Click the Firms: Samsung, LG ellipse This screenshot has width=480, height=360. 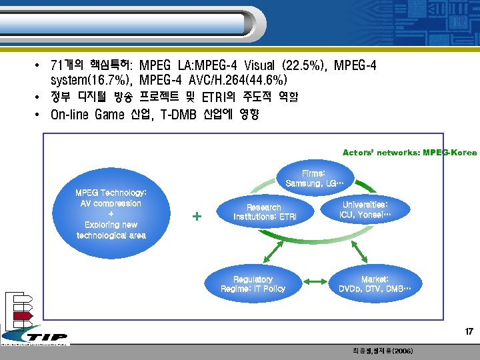314,178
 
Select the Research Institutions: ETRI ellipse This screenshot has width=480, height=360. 264,212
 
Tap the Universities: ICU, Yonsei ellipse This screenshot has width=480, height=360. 365,210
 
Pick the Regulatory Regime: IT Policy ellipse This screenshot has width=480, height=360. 253,284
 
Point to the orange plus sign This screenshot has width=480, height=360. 197,217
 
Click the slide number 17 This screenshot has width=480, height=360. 469,331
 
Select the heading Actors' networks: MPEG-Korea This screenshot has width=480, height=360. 409,153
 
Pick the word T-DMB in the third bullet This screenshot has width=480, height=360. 175,115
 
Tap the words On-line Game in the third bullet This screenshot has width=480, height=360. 87,115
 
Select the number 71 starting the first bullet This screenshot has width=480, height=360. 57,66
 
